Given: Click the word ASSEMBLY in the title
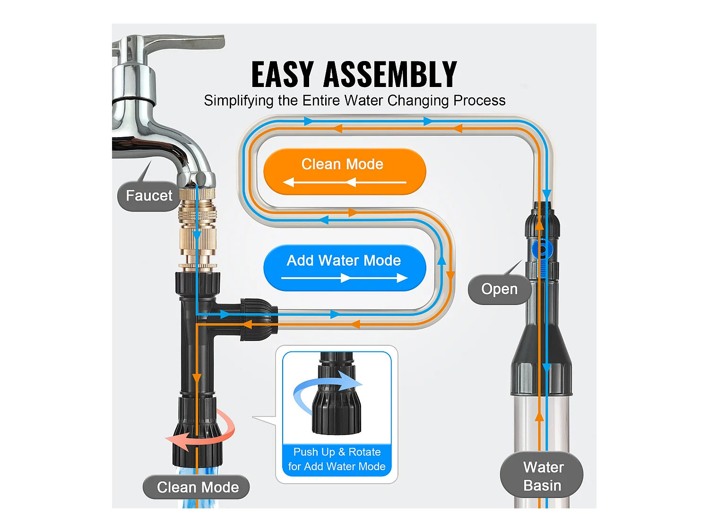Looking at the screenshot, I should (x=390, y=75).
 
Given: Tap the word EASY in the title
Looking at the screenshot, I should (x=282, y=75).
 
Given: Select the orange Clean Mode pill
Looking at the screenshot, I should (x=344, y=171).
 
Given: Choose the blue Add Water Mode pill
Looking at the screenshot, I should (x=344, y=268).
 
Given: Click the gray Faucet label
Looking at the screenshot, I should (x=149, y=196).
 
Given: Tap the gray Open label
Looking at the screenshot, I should (x=499, y=289).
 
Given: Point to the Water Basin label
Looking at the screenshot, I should (x=543, y=476).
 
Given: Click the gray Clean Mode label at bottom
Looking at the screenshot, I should (x=197, y=487).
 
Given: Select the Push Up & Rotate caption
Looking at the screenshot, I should (x=337, y=459).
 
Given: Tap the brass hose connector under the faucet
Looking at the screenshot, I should (x=197, y=227).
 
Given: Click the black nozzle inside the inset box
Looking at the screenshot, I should (x=337, y=402).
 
